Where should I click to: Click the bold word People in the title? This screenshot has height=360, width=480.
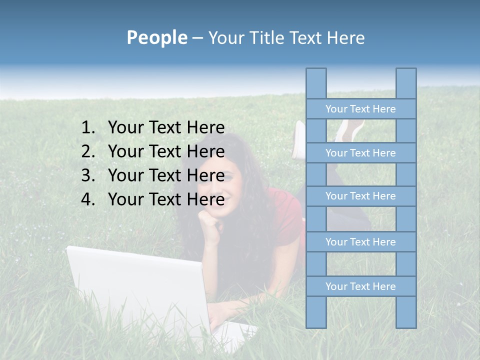(156, 37)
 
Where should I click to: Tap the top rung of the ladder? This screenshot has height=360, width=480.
(360, 109)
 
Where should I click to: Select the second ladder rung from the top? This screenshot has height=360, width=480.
(360, 153)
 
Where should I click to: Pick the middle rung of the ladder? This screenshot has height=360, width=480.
(360, 196)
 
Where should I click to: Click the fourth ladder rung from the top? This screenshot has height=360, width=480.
(360, 242)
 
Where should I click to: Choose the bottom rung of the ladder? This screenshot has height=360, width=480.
(360, 286)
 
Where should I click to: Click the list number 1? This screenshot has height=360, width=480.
(87, 128)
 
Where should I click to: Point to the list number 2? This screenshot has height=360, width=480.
(87, 151)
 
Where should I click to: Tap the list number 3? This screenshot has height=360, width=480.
(87, 175)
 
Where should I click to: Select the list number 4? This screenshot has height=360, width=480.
(87, 199)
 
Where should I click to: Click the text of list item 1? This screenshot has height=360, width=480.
(166, 128)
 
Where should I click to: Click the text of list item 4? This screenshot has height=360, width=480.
(166, 199)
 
